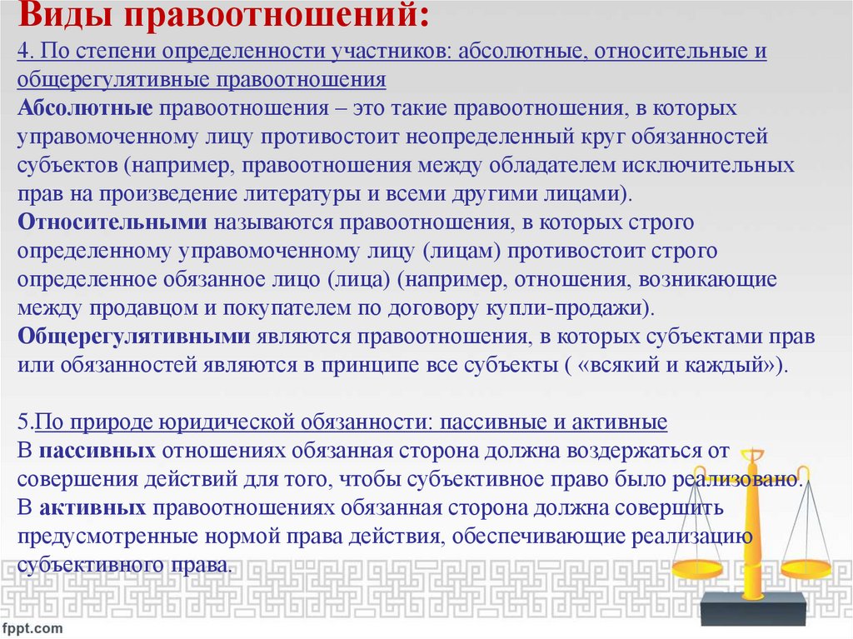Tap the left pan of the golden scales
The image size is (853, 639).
(x=698, y=568)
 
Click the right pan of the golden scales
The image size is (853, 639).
(x=806, y=570)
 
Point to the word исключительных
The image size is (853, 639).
(x=686, y=165)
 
